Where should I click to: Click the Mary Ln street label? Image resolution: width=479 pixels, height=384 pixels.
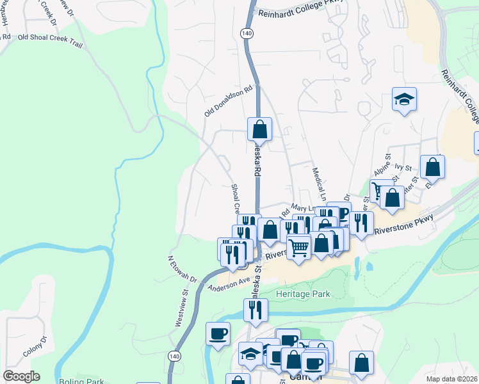[x=304, y=208]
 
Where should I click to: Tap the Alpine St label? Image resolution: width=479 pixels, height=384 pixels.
[x=382, y=166]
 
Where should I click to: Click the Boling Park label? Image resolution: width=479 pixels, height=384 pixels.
[x=81, y=381]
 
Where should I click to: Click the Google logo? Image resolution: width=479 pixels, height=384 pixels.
[x=21, y=376]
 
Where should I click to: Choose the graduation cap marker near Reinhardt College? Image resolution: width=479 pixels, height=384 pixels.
[x=404, y=100]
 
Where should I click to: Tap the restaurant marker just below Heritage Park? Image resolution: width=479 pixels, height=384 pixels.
[x=256, y=309]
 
